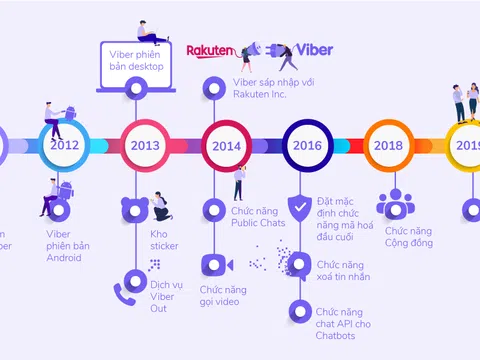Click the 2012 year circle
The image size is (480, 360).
coord(65,145)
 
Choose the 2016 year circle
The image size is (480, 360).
coord(307,145)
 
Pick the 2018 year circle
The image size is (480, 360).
coord(388,145)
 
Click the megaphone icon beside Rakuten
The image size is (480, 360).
coord(251,49)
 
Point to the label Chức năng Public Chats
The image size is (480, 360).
coord(258,216)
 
